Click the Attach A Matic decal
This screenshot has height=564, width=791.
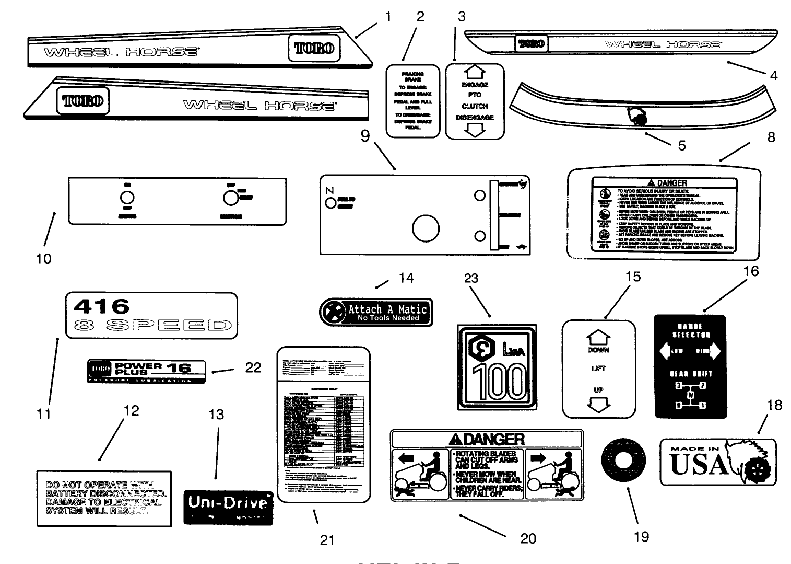point(376,313)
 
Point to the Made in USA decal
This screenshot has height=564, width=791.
point(717,462)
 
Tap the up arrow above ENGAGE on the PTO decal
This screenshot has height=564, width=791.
point(474,72)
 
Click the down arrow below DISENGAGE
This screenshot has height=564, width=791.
point(474,130)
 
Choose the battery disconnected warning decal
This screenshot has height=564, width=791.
point(103,498)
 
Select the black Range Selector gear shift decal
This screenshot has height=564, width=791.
point(690,366)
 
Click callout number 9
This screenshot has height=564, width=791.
point(365,136)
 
